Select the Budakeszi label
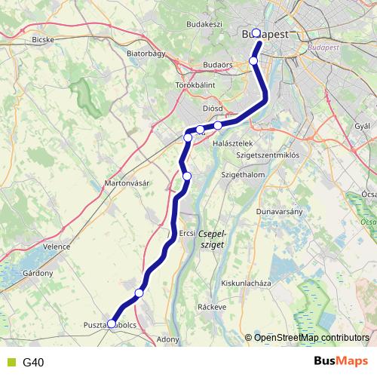click(x=204, y=24)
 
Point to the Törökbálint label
click(x=195, y=85)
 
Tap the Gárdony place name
click(x=37, y=272)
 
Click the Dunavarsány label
click(x=279, y=211)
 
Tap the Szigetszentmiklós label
click(x=268, y=155)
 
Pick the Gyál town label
click(x=363, y=124)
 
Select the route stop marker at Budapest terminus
click(x=256, y=32)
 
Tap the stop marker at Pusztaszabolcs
click(x=112, y=323)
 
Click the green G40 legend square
click(x=9, y=362)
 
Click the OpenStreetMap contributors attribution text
click(x=311, y=337)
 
